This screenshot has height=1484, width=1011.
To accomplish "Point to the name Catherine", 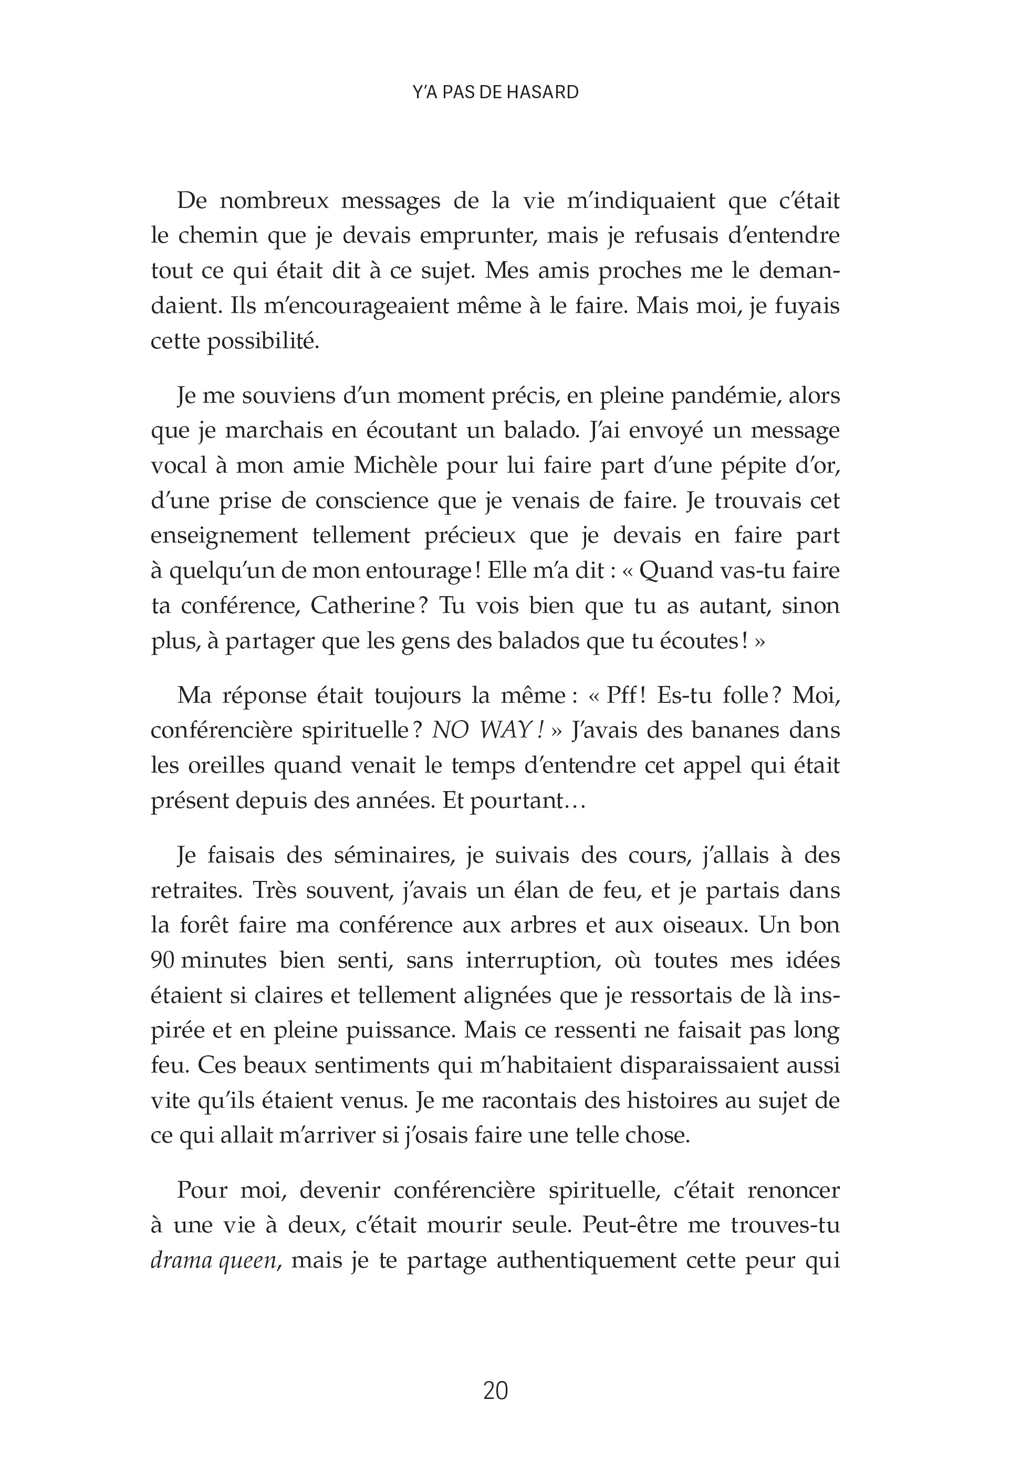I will pyautogui.click(x=362, y=605).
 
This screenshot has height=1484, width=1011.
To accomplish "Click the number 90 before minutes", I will pyautogui.click(x=163, y=960).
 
